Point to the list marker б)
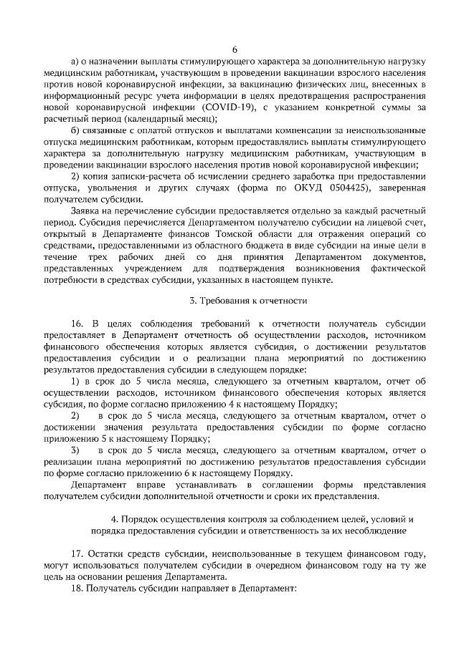(x=77, y=130)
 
